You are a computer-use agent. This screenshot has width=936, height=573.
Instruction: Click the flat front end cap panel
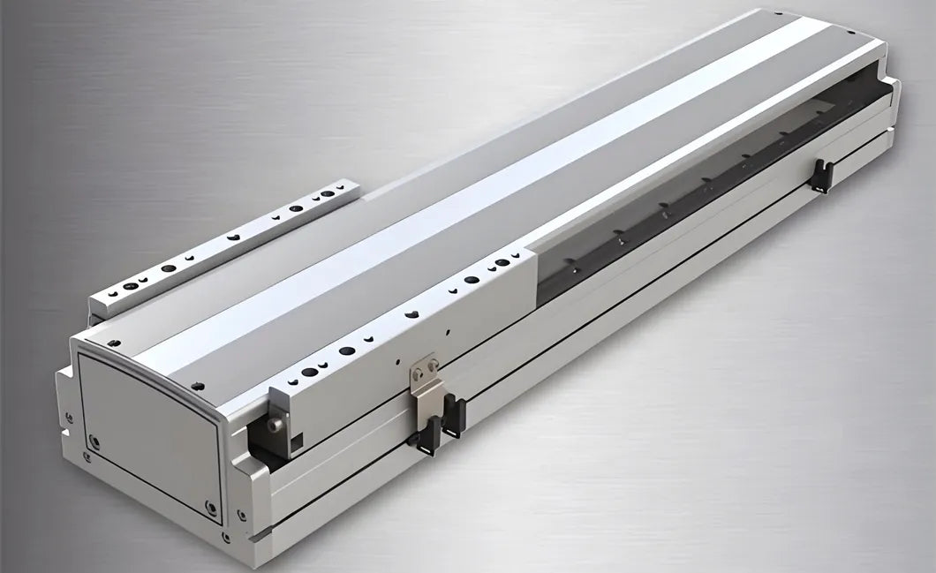(x=150, y=424)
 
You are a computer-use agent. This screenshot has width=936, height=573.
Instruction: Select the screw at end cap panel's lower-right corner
(x=209, y=506)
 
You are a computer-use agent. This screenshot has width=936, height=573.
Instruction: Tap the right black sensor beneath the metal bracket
(x=455, y=415)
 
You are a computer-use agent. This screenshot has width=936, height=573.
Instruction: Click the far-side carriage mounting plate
(x=230, y=250)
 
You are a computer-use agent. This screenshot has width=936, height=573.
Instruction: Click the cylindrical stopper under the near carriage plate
(x=275, y=426)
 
